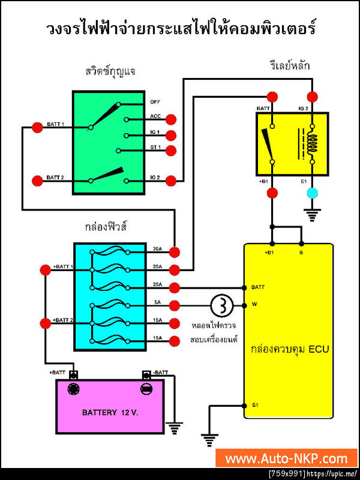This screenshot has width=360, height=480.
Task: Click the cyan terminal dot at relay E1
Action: click(311, 193)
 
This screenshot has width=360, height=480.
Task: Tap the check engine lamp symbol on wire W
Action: click(221, 305)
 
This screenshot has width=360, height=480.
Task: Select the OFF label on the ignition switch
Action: click(155, 101)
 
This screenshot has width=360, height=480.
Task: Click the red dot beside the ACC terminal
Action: click(171, 119)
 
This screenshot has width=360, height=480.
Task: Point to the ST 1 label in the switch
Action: click(155, 150)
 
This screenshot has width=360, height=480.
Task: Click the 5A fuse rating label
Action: click(157, 302)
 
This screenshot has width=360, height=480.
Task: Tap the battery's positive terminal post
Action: click(74, 389)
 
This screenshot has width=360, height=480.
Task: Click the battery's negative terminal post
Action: click(146, 389)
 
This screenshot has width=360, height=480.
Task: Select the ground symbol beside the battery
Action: click(175, 428)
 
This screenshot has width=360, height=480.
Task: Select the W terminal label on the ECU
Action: click(254, 305)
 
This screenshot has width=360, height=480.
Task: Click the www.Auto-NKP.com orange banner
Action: click(286, 458)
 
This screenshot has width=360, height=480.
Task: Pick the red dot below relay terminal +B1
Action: click(272, 193)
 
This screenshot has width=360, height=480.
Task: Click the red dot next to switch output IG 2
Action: click(171, 179)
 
